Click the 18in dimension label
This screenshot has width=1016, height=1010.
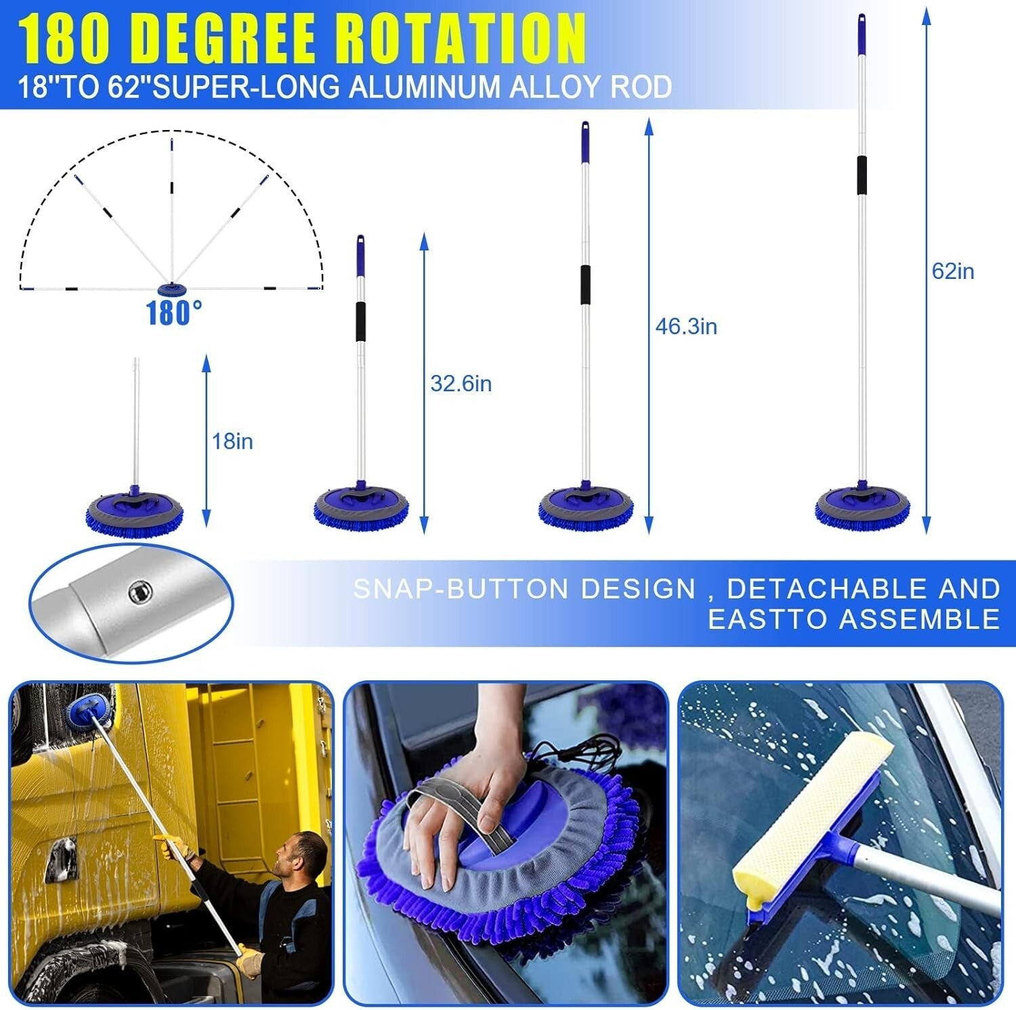click(232, 441)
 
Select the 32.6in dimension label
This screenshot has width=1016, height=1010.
click(461, 384)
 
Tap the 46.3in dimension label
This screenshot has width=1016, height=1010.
click(685, 327)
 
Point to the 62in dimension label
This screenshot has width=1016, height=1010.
click(952, 271)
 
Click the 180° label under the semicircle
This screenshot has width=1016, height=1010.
click(174, 313)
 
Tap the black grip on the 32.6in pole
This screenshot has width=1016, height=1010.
click(361, 322)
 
